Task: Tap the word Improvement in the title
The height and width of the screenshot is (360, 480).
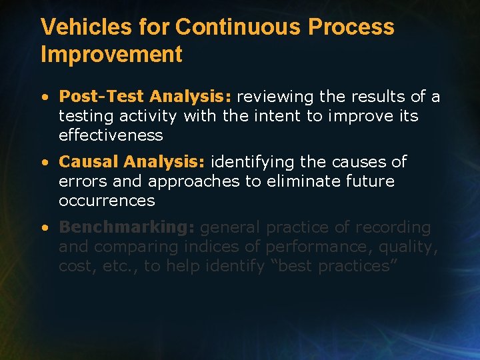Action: click(x=111, y=55)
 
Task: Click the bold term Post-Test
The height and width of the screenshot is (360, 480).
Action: click(x=101, y=97)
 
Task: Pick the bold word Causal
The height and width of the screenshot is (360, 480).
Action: click(x=89, y=162)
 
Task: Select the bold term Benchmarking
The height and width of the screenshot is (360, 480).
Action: click(x=126, y=227)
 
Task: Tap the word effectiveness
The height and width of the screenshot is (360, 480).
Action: click(x=111, y=135)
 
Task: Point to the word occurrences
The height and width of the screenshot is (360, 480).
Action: click(x=107, y=201)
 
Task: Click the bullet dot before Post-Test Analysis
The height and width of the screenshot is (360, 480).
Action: click(x=45, y=97)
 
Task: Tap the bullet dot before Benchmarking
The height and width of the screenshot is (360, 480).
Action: click(x=45, y=228)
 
